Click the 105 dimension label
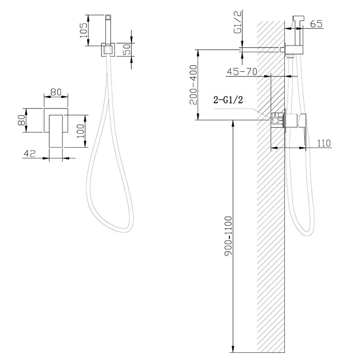coord(84,31)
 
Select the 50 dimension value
coord(127,49)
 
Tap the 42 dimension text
coord(30,153)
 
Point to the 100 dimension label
coord(81,131)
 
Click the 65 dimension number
coord(316,24)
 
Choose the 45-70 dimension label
coord(242,72)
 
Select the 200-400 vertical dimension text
coord(193,85)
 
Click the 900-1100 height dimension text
coord(229,235)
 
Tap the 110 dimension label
coord(324,143)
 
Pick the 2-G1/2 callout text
coord(228,100)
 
